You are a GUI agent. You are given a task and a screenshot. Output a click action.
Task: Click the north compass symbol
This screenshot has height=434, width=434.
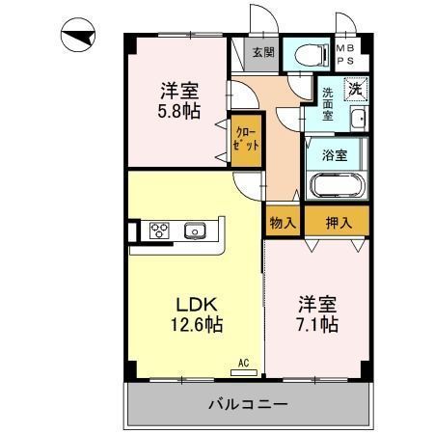[78, 35]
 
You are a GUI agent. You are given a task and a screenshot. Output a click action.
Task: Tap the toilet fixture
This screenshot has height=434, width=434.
[312, 55]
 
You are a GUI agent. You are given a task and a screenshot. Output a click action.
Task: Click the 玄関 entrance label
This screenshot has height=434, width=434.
[263, 52]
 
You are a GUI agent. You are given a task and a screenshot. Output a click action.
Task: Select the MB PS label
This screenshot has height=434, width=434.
[345, 54]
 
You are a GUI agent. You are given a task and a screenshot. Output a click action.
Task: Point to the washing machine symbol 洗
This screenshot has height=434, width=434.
[356, 89]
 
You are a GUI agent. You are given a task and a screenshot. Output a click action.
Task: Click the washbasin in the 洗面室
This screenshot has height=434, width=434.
[359, 119]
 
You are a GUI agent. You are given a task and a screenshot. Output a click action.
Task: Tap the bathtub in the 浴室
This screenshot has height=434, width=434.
[336, 185]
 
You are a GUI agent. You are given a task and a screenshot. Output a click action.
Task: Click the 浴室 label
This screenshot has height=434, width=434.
[335, 155]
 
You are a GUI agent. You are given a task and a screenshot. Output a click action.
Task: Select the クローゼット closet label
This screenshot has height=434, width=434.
[246, 140]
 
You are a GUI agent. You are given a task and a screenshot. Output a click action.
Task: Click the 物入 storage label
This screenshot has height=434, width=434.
[283, 223]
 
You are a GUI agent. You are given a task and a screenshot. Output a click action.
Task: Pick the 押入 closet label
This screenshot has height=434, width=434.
[339, 223]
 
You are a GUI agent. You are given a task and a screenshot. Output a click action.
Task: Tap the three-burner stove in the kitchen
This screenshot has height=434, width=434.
[159, 231]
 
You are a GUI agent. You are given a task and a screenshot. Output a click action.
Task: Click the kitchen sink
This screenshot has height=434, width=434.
[195, 231]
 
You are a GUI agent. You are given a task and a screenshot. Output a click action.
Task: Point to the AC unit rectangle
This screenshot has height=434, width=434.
[244, 373]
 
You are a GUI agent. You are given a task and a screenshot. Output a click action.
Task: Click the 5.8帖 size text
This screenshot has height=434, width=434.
[179, 111]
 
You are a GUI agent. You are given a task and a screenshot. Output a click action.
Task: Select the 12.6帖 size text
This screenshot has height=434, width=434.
[197, 324]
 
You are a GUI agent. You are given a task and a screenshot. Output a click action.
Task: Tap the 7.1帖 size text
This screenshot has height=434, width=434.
[317, 324]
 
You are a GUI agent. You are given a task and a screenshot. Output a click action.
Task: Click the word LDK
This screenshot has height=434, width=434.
[197, 304]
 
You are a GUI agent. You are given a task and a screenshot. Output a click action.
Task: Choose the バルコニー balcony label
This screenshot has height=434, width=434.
[248, 404]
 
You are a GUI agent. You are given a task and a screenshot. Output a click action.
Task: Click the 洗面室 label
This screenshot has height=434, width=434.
[328, 104]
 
